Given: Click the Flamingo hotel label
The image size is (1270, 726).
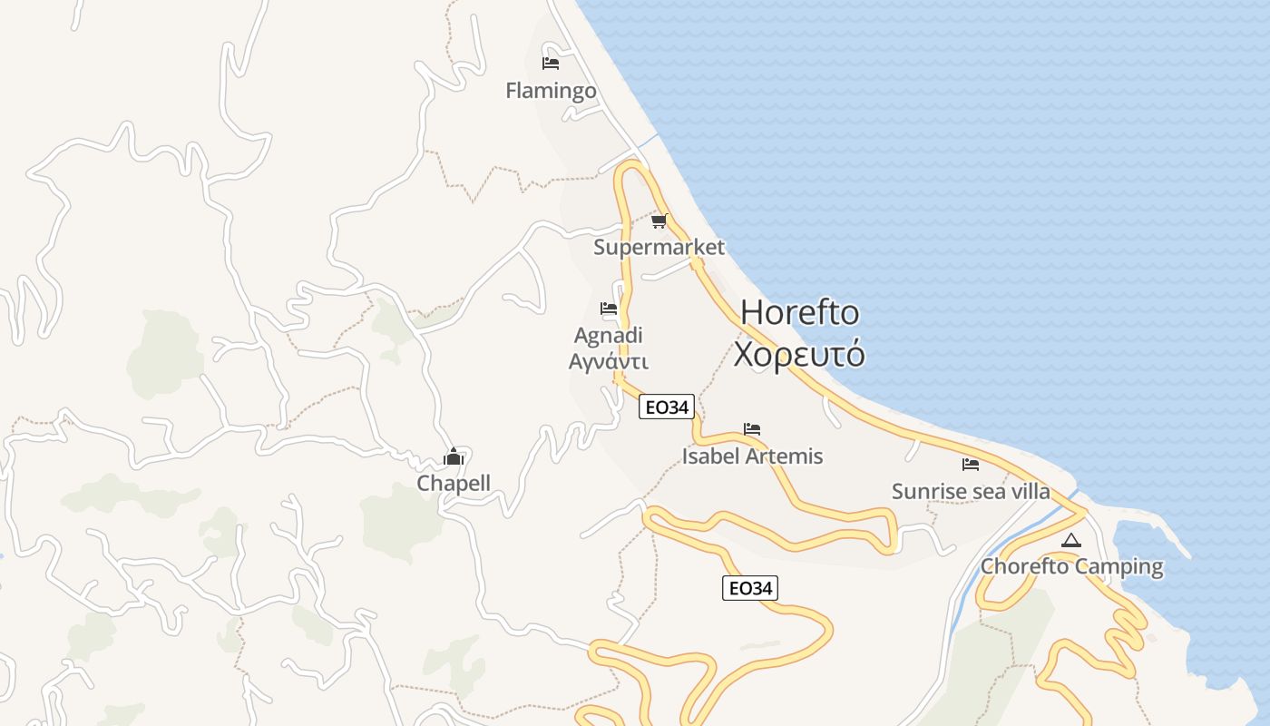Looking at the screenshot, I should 551,91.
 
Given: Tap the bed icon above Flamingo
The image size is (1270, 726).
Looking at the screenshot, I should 551,64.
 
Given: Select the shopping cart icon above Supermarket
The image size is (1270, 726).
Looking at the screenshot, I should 659,221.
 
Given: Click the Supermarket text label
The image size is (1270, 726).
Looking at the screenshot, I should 659,247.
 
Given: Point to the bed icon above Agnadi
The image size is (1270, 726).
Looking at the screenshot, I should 609,309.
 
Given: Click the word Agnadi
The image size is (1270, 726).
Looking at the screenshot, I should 609,336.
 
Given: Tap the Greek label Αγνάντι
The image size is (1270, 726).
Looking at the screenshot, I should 609,361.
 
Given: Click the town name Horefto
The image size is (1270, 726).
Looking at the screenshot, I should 799,312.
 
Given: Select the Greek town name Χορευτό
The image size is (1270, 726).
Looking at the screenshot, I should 799,354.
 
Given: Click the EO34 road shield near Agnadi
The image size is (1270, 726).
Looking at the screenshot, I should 667,407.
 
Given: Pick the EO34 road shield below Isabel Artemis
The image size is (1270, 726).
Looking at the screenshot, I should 750,588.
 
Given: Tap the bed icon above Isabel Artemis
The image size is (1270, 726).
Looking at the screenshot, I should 752,429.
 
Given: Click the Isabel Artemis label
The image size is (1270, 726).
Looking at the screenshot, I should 752,456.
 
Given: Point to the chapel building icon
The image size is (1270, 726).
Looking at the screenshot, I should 454,456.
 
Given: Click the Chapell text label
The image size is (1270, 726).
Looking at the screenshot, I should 454,484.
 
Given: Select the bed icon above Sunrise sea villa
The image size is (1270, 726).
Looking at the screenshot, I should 971,465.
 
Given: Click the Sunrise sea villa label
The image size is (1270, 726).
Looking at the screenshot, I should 971,492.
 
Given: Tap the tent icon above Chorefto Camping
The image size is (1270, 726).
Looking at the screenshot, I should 1071,541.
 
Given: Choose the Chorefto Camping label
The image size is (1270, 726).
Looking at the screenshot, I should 1071,567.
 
